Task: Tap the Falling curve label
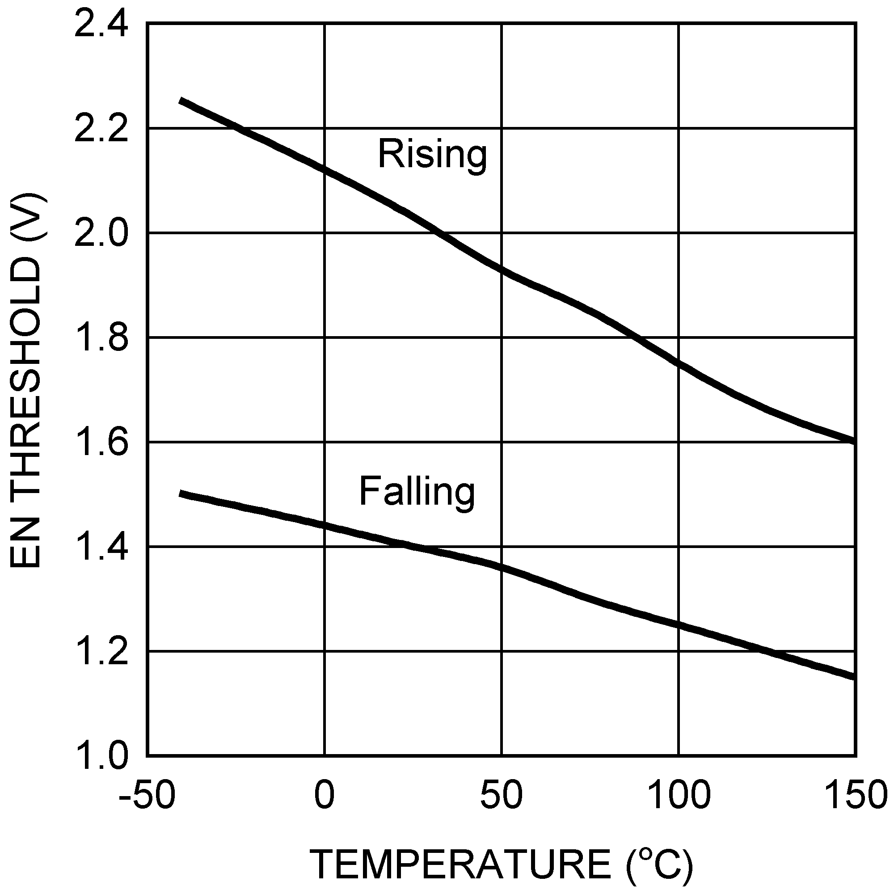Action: pyautogui.click(x=417, y=492)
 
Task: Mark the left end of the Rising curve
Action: pyautogui.click(x=181, y=101)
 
